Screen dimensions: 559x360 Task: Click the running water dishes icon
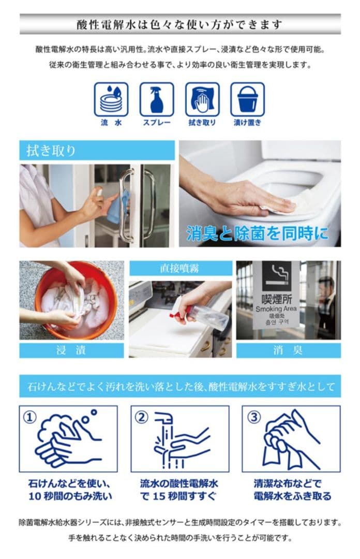point(111,99)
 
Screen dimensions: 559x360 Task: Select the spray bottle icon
point(156,99)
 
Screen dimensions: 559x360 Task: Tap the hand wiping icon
point(202,99)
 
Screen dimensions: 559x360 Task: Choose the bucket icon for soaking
point(247,99)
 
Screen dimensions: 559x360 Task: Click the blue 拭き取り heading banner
point(97,151)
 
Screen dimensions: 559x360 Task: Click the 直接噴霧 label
point(180,268)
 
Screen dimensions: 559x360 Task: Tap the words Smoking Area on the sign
point(276,309)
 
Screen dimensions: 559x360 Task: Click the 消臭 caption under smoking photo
point(288,350)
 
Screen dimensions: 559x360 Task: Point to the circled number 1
point(31,417)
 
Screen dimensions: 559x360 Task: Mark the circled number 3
point(253,417)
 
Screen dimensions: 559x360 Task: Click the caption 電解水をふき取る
point(292,496)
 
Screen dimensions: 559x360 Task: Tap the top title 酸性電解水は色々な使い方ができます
point(180,24)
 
